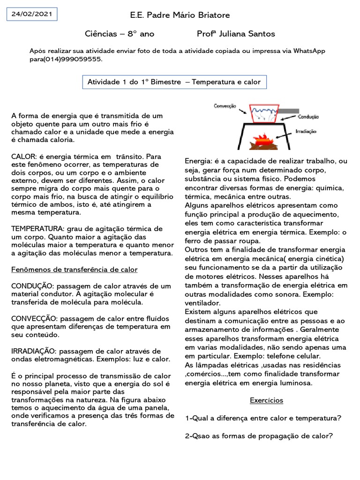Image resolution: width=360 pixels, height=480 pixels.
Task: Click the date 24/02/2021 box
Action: click(32, 14)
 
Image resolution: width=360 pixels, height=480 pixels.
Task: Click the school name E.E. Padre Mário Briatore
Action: click(180, 15)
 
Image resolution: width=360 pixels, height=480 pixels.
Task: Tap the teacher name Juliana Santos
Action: click(252, 34)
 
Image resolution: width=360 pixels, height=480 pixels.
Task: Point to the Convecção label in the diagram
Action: click(225, 106)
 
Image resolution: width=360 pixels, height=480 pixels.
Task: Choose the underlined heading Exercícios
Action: click(266, 400)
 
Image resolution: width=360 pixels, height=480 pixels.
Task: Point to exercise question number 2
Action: click(259, 435)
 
